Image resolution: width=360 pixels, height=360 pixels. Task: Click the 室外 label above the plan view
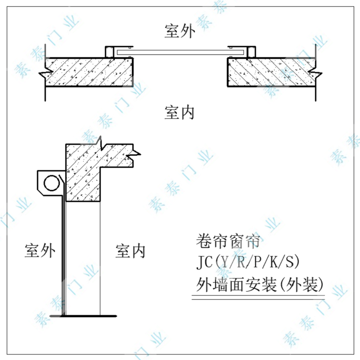[x=180, y=31]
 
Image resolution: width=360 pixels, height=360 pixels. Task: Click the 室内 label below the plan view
[x=180, y=112]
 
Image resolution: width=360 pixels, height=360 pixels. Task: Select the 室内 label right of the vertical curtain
[x=130, y=251]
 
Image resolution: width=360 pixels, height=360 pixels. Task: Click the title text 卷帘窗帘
[x=228, y=241]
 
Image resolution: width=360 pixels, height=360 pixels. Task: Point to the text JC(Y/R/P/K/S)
[x=248, y=262]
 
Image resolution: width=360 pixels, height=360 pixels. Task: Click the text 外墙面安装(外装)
[x=260, y=284]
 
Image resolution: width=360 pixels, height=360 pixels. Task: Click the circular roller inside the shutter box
[x=52, y=183]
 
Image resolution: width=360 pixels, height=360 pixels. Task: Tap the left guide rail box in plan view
[x=110, y=52]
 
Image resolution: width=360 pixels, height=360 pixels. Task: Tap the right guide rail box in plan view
[x=251, y=52]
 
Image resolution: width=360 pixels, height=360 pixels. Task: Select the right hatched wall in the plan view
[x=271, y=72]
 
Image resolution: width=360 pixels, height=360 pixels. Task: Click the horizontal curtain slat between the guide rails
[x=180, y=52]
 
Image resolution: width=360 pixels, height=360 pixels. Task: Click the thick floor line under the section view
[x=84, y=316]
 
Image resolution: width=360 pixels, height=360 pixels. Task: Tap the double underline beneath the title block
[x=258, y=297]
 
